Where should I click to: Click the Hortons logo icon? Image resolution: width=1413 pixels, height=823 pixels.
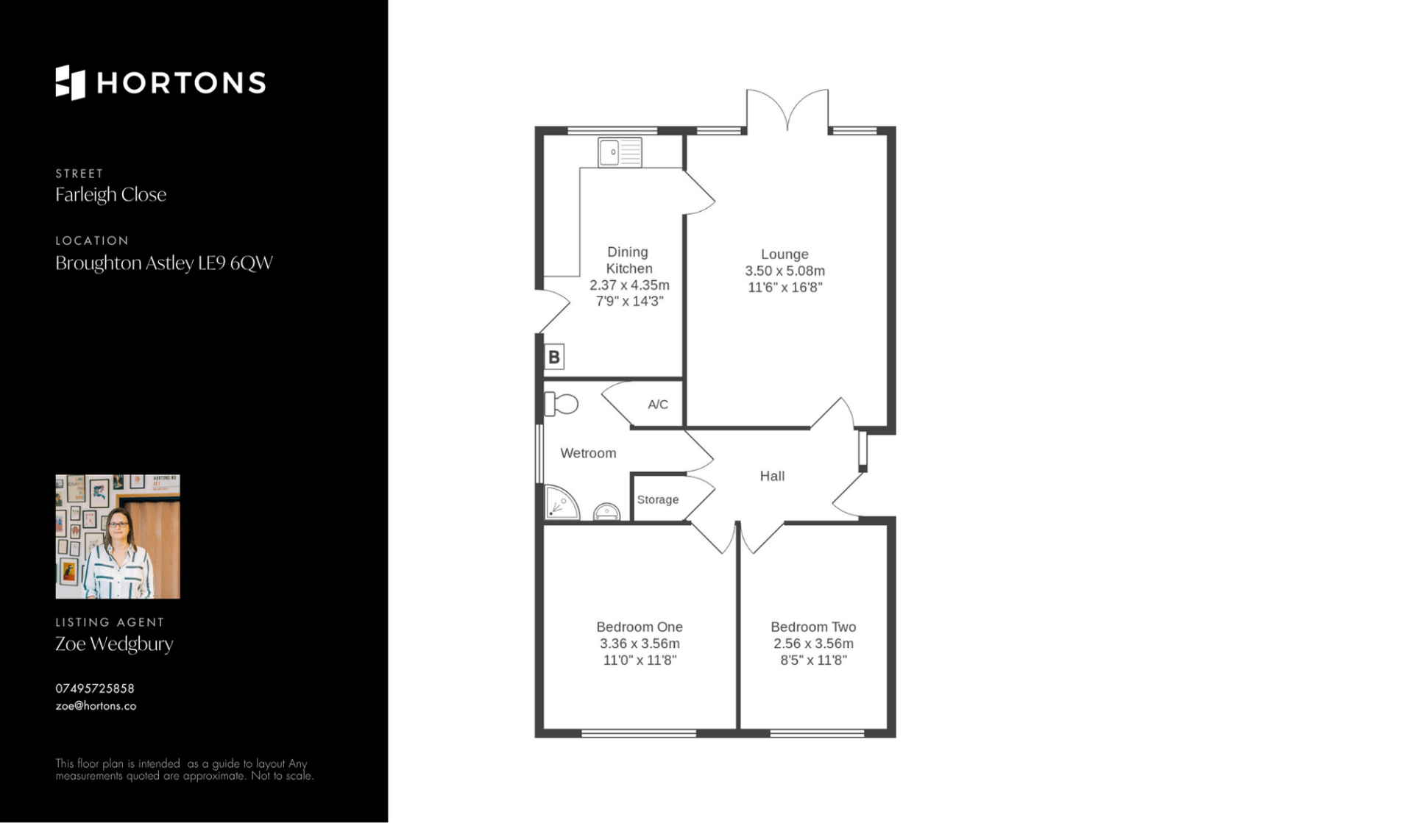click(71, 82)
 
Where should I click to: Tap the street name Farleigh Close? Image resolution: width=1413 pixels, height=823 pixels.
click(111, 195)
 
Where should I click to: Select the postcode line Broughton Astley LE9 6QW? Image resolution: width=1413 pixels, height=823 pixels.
click(164, 263)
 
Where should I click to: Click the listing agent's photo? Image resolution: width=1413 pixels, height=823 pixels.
click(118, 536)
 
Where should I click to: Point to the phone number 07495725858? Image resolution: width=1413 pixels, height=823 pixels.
click(95, 688)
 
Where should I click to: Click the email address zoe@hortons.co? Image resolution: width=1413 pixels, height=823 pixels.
click(96, 706)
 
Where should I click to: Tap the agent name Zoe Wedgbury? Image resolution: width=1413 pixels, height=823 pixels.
click(114, 644)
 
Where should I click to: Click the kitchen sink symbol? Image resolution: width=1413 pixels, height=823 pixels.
click(620, 152)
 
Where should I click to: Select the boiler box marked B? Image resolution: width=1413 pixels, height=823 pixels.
click(554, 357)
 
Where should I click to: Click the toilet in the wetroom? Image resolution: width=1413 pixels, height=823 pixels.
click(561, 404)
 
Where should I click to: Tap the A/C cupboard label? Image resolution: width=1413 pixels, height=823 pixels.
click(658, 405)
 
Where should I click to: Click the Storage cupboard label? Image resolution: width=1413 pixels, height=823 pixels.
click(658, 500)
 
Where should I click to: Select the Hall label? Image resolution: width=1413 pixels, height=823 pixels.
click(772, 477)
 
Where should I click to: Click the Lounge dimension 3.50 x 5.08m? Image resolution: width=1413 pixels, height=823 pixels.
click(785, 271)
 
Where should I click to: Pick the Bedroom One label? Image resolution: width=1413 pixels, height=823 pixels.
click(640, 627)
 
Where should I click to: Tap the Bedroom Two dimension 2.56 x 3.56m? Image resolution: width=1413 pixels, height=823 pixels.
click(813, 644)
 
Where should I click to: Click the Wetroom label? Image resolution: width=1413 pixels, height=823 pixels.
click(588, 454)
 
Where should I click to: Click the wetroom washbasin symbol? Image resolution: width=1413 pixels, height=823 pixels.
click(606, 512)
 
